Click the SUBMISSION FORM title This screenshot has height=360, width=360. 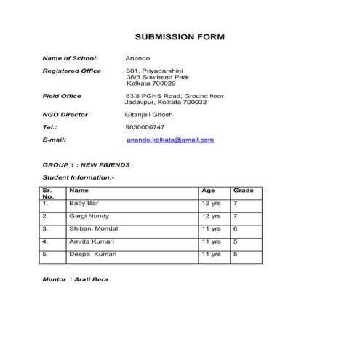[180, 36]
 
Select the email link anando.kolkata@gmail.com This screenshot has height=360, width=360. [169, 140]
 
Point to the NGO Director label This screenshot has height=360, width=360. [65, 115]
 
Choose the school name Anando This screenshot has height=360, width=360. [137, 57]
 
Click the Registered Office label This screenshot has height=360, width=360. [72, 71]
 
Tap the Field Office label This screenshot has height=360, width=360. [62, 96]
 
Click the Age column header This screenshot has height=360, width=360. [208, 191]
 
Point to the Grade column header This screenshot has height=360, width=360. [243, 191]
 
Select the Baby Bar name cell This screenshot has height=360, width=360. [83, 204]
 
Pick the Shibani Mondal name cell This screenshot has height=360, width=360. [92, 228]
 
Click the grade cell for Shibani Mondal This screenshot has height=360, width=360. [236, 228]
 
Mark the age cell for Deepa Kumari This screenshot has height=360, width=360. [211, 255]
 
